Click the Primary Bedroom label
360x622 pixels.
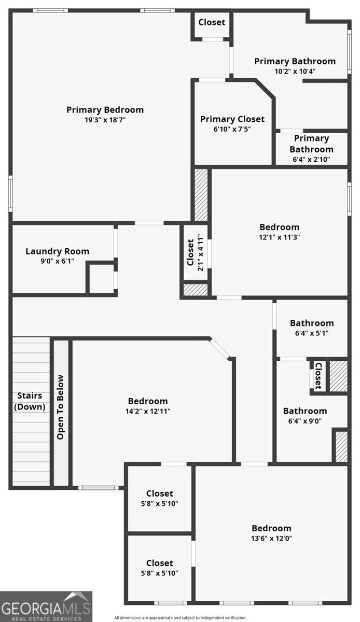pos(105,110)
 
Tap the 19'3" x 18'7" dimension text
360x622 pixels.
pos(105,120)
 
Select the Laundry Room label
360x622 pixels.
pos(57,251)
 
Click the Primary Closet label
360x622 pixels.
pos(232,119)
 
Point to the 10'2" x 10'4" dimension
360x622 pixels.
pos(295,72)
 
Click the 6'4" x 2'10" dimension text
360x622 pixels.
pos(311,160)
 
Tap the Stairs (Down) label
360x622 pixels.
pos(30,401)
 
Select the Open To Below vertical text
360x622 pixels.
pos(61,407)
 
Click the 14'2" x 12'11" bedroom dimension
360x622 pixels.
pos(148,411)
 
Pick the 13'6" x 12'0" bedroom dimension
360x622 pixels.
pos(271,538)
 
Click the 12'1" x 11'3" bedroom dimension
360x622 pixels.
pos(279,237)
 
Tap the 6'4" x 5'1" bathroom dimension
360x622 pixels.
pos(311,333)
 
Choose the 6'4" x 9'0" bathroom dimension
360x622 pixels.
pos(304,421)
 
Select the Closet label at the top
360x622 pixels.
pos(212,22)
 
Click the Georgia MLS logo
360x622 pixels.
pos(46,606)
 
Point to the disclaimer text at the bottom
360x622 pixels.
pos(179,617)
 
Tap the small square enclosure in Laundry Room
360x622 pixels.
pos(101,279)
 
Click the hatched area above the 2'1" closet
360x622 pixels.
pos(201,194)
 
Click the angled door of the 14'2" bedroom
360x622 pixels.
pos(220,348)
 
